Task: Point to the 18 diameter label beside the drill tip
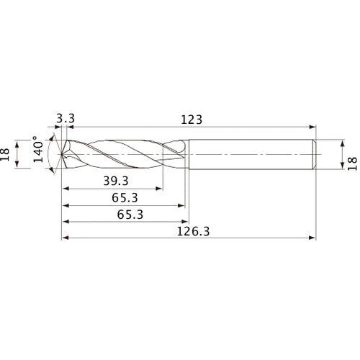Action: [x=9, y=153]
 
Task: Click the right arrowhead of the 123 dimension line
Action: [x=314, y=129]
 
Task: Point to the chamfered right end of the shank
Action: [x=315, y=153]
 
